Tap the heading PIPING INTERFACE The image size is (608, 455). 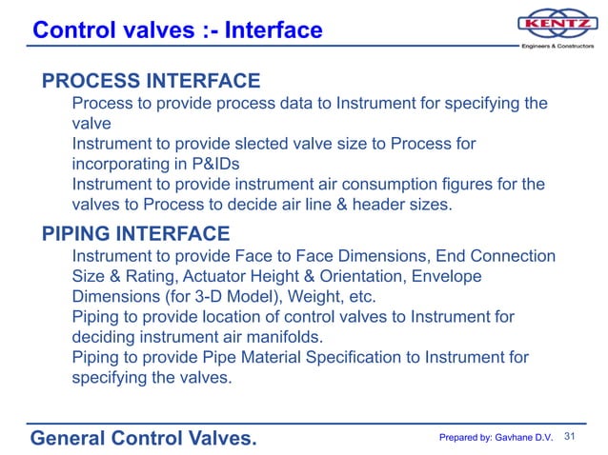pos(135,233)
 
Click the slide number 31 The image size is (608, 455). pos(572,437)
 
